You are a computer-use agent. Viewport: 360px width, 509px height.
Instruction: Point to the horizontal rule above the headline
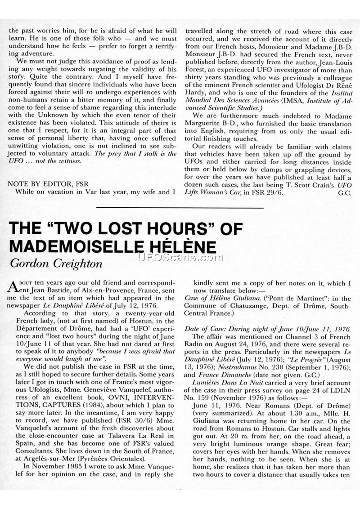[x=180, y=208]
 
